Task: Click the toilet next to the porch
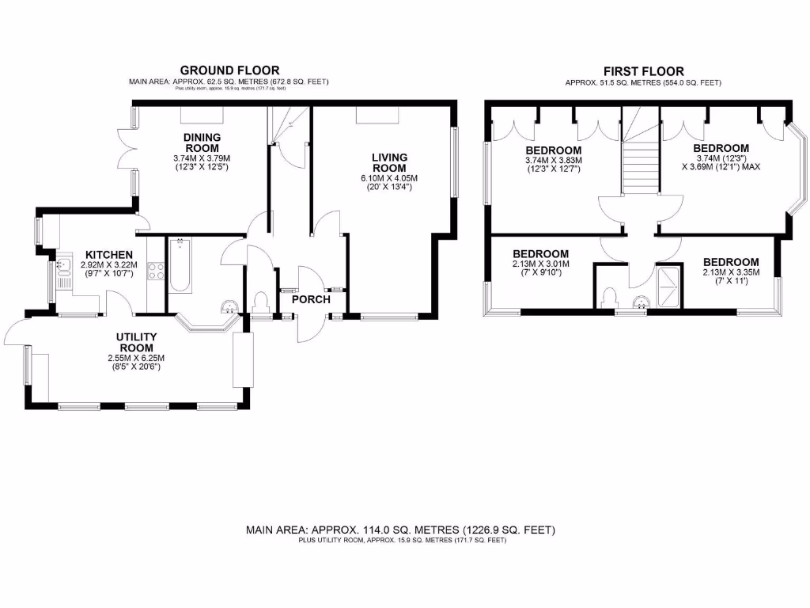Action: (x=261, y=302)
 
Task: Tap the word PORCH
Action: (x=311, y=299)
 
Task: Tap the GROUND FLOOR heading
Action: (x=229, y=70)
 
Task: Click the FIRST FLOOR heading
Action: (x=643, y=71)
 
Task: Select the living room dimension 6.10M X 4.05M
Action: (x=388, y=178)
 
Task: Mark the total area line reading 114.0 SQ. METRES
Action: (x=401, y=530)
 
